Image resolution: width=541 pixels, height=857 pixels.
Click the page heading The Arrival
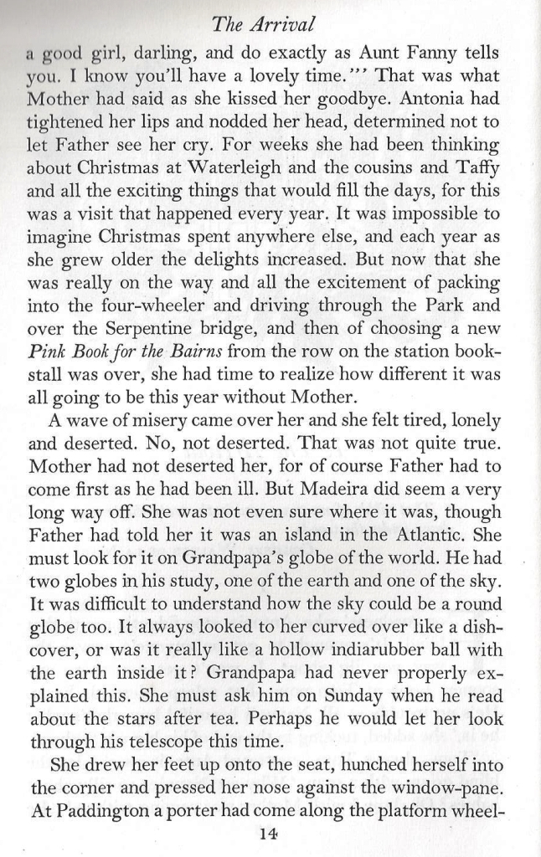coord(270,18)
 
